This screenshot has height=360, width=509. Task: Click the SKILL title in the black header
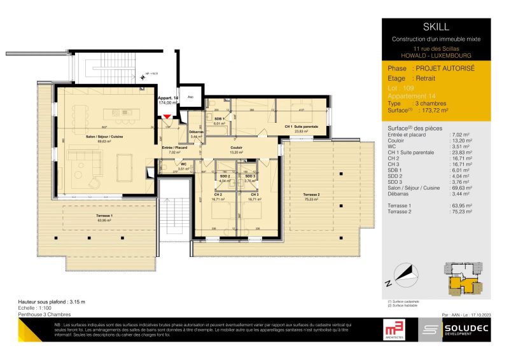(436, 27)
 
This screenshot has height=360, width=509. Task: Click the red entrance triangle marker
(167, 116)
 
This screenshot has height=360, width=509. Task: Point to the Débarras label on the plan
(197, 132)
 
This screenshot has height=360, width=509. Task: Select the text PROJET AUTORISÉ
(443, 67)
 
